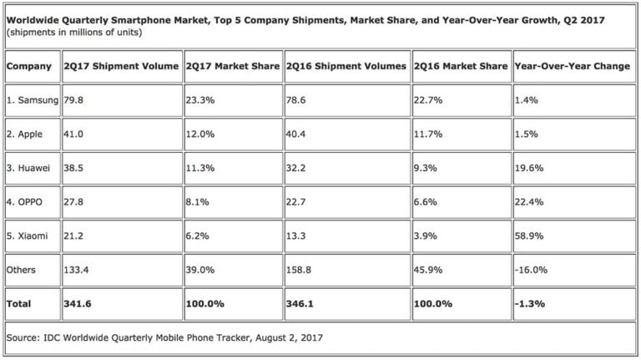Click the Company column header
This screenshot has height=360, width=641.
click(x=31, y=66)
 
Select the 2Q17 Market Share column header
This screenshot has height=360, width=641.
click(x=232, y=66)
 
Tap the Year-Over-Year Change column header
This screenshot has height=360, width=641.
click(x=573, y=66)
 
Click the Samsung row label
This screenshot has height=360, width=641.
click(x=32, y=100)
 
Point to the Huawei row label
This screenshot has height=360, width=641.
click(x=30, y=168)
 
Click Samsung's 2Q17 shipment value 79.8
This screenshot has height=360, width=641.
click(x=75, y=100)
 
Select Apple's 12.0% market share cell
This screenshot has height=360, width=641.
click(x=200, y=134)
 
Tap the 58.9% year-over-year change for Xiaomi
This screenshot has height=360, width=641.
click(x=529, y=236)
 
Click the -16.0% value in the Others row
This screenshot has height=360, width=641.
click(x=531, y=270)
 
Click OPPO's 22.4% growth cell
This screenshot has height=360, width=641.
click(x=529, y=201)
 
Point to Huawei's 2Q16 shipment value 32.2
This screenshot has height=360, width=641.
click(x=298, y=168)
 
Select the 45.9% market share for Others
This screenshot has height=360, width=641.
click(x=428, y=270)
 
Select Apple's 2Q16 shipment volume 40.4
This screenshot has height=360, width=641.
click(x=298, y=134)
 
